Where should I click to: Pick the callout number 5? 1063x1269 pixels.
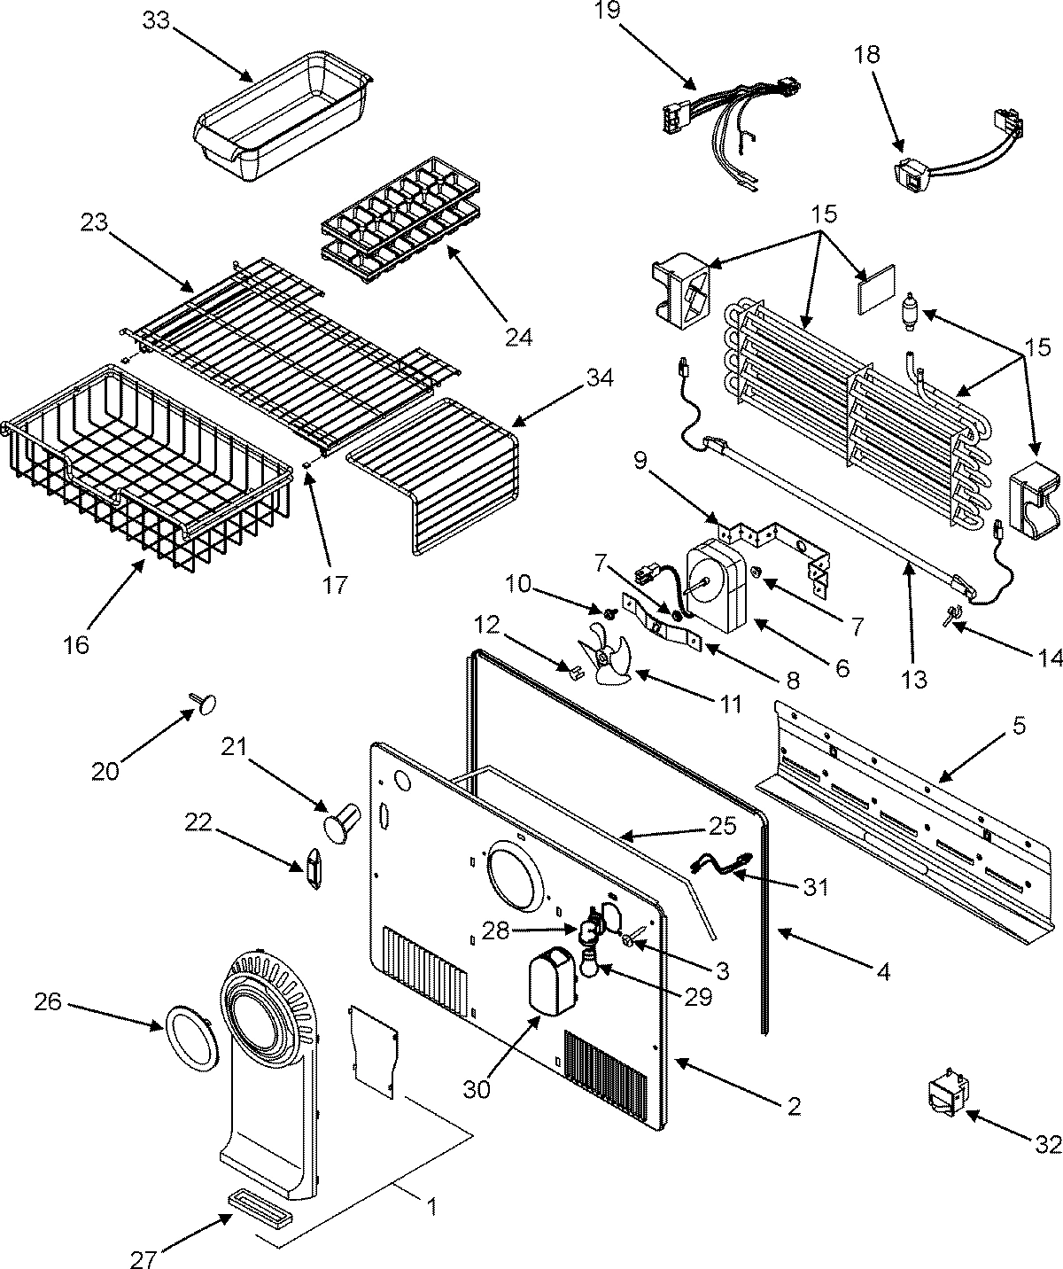[1019, 727]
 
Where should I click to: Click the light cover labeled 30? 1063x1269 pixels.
[549, 982]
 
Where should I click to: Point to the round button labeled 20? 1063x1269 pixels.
[206, 703]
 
